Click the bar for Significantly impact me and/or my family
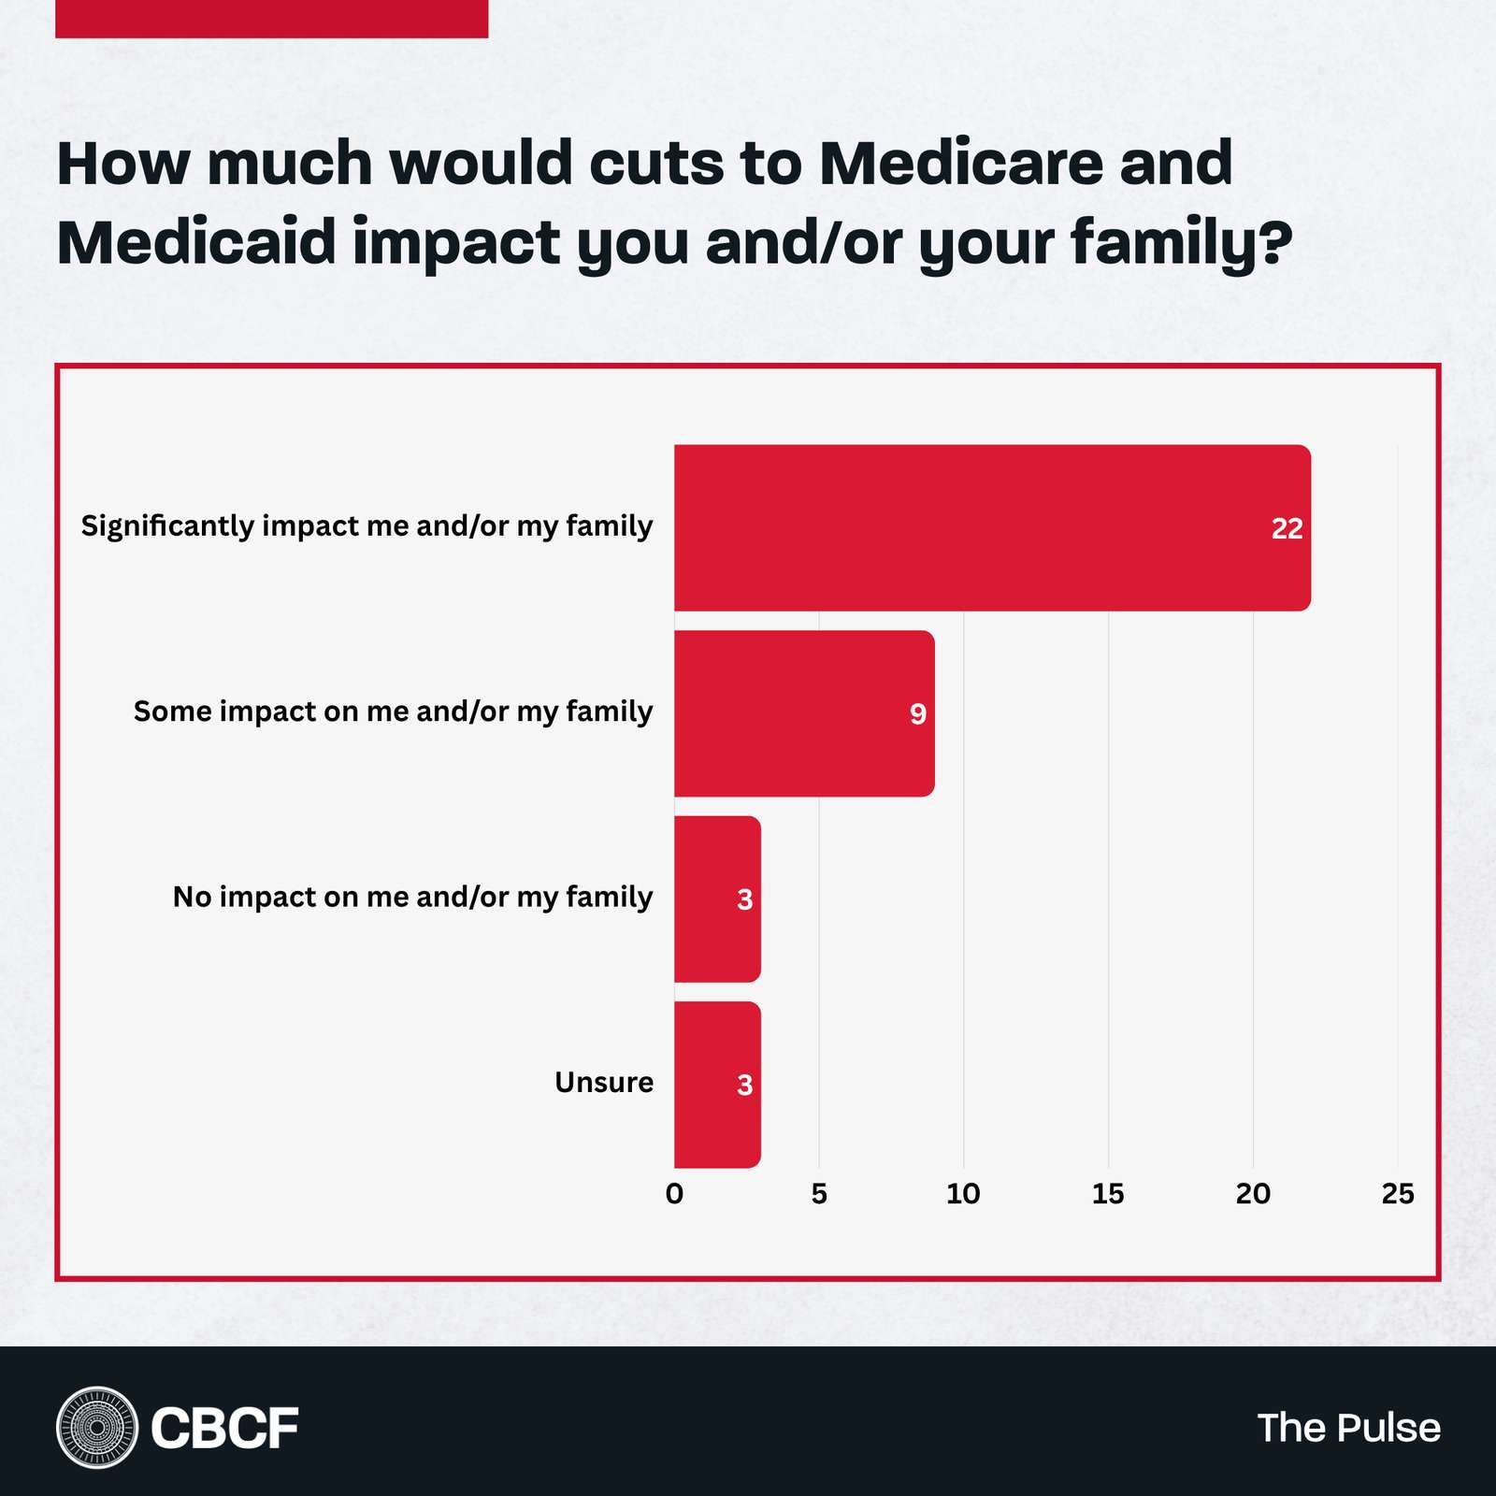click(991, 528)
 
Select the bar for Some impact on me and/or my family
click(804, 713)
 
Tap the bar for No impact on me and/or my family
click(716, 899)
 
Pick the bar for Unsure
click(716, 1085)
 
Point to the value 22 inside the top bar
click(1287, 529)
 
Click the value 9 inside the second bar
click(918, 714)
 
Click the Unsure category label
click(604, 1083)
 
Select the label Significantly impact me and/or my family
click(367, 526)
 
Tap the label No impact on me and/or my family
click(412, 898)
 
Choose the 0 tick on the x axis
click(674, 1194)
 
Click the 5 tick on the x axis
click(819, 1194)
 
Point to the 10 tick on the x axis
click(963, 1194)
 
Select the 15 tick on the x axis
click(1108, 1194)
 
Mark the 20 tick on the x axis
click(1253, 1194)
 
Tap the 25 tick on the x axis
click(1398, 1194)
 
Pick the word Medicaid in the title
click(196, 242)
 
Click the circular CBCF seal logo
click(96, 1428)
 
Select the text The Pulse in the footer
click(1348, 1428)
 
